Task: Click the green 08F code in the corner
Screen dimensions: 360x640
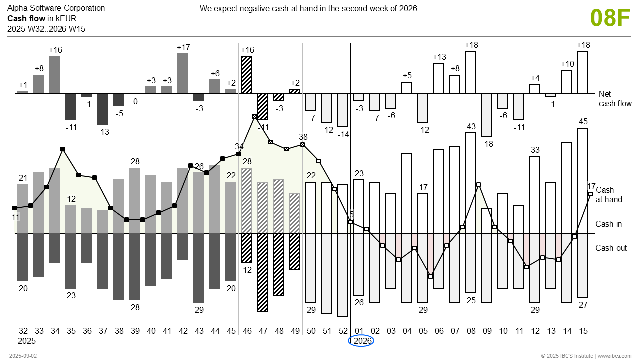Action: pos(610,18)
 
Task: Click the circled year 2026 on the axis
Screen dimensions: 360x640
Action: pos(361,341)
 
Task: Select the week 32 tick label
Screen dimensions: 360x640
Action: pos(23,331)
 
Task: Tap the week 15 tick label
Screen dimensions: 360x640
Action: pos(583,331)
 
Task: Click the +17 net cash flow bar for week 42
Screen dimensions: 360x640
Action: pos(183,73)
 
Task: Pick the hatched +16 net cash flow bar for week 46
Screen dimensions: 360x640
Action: pos(246,75)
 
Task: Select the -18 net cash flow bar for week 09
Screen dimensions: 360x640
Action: pos(486,115)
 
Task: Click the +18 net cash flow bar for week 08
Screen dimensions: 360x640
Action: pos(470,73)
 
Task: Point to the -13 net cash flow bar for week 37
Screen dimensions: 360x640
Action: pos(103,109)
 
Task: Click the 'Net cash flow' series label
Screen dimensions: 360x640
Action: pos(615,99)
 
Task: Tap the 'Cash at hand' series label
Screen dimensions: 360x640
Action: pos(609,195)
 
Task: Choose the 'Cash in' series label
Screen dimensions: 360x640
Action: pos(608,224)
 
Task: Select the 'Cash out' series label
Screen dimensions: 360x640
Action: pos(611,248)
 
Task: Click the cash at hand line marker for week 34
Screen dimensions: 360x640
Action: pos(62,149)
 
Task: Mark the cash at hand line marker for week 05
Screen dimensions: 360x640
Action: pos(430,276)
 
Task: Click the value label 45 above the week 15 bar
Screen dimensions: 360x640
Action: pos(583,122)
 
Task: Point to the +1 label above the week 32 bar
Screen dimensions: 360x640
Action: pos(23,85)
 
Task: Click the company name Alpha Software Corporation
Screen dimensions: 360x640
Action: pos(56,8)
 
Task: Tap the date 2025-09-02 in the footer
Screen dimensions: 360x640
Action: pos(23,356)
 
